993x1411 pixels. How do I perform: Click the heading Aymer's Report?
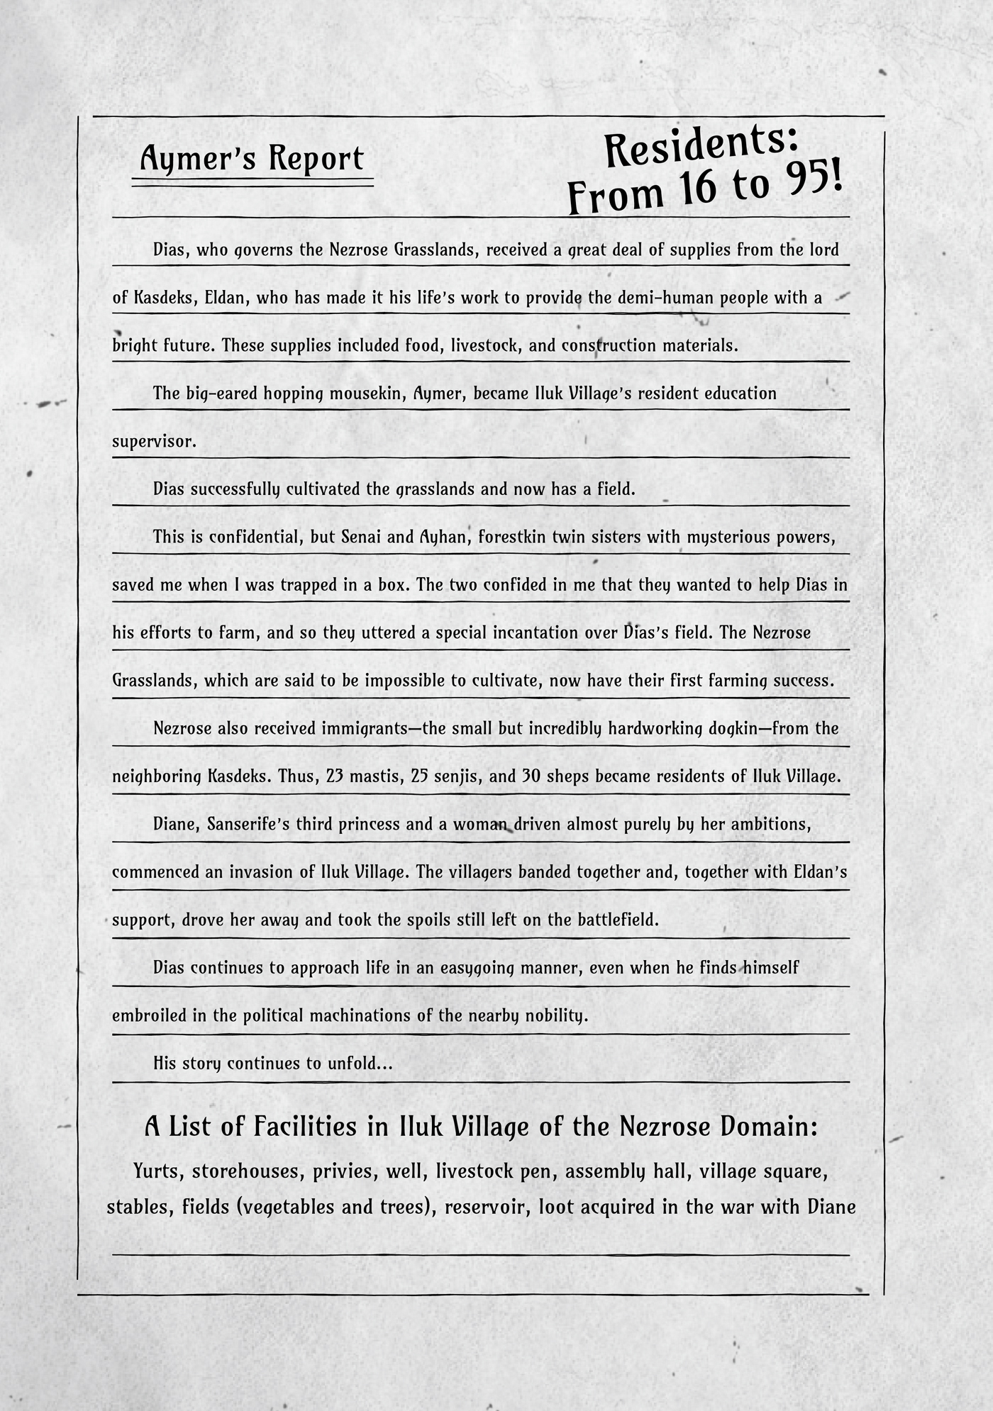252,159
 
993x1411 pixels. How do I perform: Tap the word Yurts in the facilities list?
156,1171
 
